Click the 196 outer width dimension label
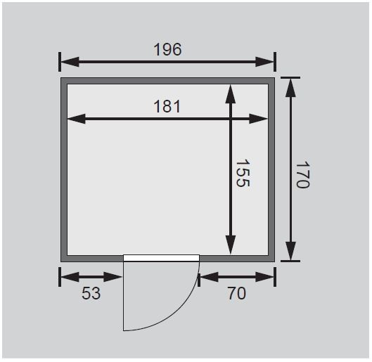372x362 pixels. (x=167, y=49)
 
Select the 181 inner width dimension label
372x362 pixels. (x=167, y=106)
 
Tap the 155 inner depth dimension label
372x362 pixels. (x=243, y=173)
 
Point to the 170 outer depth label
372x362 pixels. (x=303, y=175)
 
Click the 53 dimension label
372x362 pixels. (x=91, y=293)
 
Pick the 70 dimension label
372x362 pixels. (x=237, y=293)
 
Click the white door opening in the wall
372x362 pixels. (x=161, y=258)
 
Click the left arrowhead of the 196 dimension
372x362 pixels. (x=70, y=62)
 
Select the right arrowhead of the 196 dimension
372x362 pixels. (x=264, y=62)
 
